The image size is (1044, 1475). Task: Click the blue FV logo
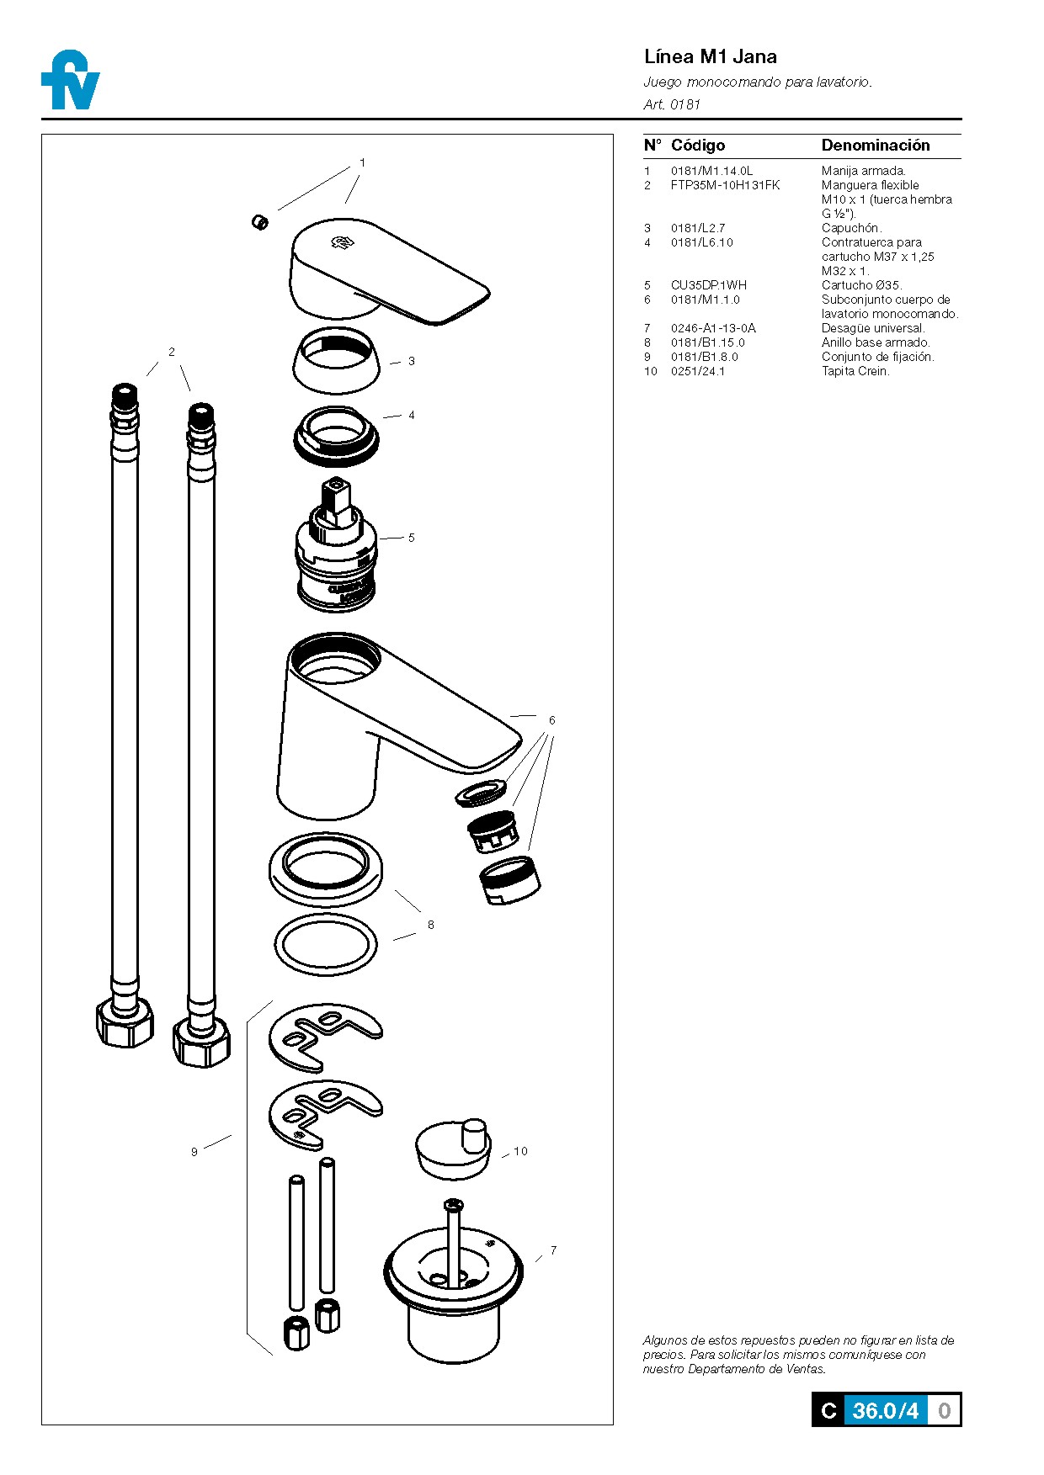70,82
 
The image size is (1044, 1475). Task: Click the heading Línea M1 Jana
710,57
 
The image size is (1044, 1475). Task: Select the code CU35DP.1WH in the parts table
708,285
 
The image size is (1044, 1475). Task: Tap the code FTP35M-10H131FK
725,185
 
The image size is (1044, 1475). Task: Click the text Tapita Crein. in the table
855,371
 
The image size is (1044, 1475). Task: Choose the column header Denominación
875,146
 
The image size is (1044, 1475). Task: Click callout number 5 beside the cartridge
411,538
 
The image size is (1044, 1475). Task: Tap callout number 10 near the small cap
520,1151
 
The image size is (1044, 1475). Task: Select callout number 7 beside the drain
553,1250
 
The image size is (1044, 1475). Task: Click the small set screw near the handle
260,222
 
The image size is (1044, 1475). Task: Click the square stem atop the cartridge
335,496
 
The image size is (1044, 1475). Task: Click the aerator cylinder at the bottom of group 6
510,880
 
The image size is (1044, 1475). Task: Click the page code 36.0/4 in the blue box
885,1410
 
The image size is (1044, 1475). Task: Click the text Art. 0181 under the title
671,104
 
